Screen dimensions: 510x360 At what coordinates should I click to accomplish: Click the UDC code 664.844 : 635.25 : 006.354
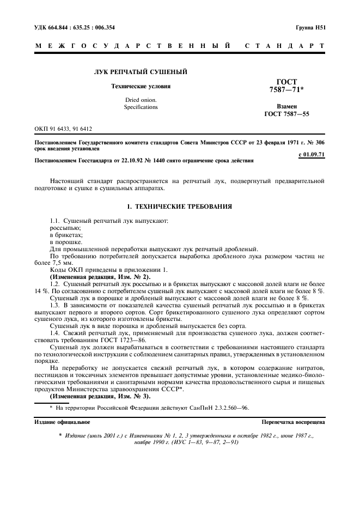pyautogui.click(x=75, y=27)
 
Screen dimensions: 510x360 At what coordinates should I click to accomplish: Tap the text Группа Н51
pyautogui.click(x=310, y=27)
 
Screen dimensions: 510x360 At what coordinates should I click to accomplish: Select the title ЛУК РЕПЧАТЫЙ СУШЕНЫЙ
pyautogui.click(x=141, y=71)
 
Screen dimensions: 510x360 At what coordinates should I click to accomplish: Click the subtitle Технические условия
pyautogui.click(x=141, y=86)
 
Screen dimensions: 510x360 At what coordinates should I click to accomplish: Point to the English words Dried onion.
pyautogui.click(x=141, y=100)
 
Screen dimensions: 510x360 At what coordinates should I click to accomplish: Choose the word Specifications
pyautogui.click(x=141, y=107)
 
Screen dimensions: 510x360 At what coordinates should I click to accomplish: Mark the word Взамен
pyautogui.click(x=286, y=107)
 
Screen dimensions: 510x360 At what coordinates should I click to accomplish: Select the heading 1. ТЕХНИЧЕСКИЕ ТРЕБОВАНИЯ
pyautogui.click(x=180, y=207)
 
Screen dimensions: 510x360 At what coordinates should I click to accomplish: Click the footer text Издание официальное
pyautogui.click(x=63, y=422)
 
